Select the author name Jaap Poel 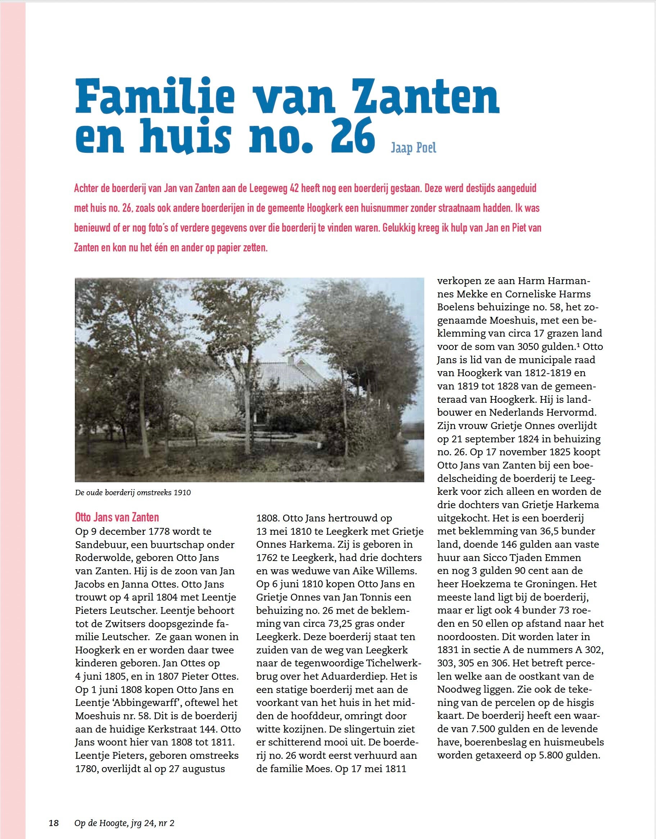(413, 147)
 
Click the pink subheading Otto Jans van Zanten (117, 517)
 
